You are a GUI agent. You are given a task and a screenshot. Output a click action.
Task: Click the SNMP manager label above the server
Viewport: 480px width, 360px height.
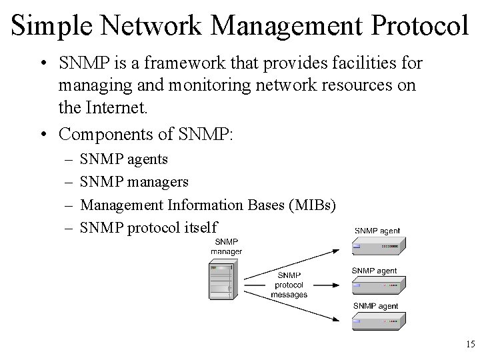coord(226,246)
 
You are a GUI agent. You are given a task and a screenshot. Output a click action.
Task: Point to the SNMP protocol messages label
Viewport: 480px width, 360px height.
coord(289,285)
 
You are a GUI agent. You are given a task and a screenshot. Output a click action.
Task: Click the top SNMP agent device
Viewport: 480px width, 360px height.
coord(378,247)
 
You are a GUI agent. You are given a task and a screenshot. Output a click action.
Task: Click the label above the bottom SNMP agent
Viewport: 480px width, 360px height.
coord(375,306)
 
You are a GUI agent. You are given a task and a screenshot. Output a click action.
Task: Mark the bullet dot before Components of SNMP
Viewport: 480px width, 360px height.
coord(42,134)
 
